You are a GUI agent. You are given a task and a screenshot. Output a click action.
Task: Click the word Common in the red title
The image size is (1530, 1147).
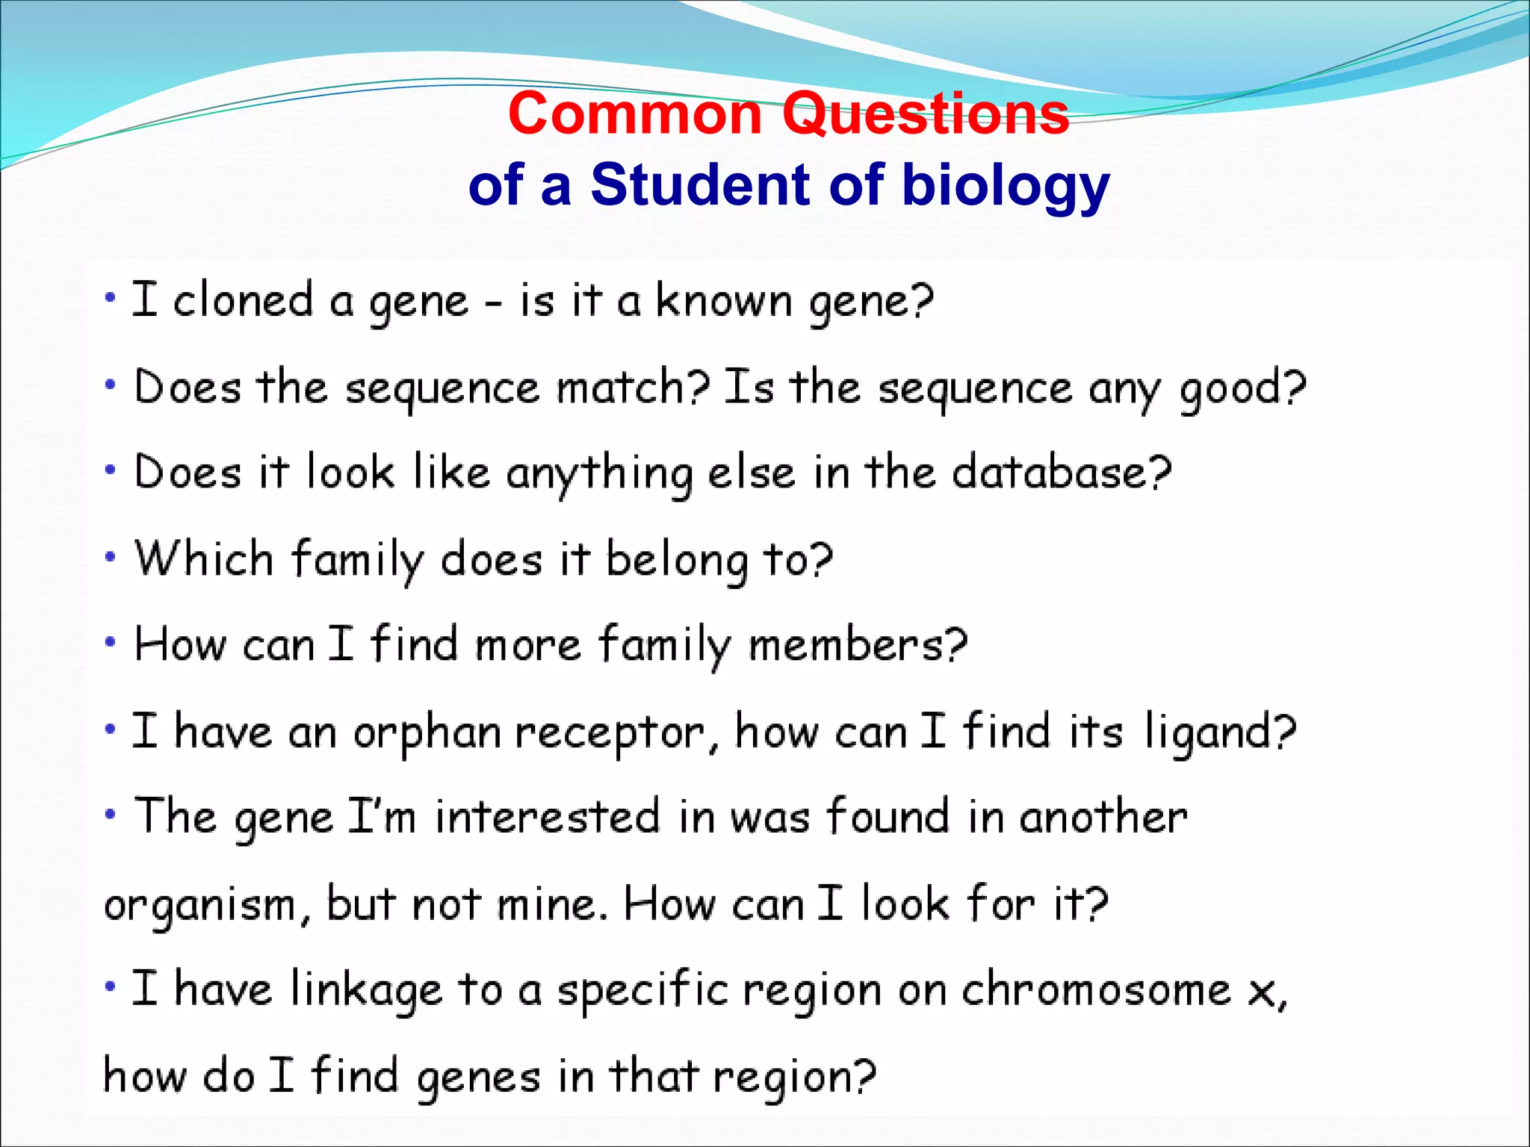634,114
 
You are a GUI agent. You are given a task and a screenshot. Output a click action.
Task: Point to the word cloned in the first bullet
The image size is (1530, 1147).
243,300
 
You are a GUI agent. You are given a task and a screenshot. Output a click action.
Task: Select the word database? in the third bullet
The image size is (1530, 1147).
1062,473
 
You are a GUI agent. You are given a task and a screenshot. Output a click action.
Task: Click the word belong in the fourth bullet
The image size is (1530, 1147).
676,561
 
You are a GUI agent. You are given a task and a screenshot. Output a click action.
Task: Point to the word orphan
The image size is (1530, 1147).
427,733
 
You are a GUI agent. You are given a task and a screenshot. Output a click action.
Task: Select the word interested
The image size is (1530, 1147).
548,816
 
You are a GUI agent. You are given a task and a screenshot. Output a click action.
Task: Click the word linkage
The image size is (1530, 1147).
365,991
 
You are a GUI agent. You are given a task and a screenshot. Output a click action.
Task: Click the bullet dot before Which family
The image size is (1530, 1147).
111,557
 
